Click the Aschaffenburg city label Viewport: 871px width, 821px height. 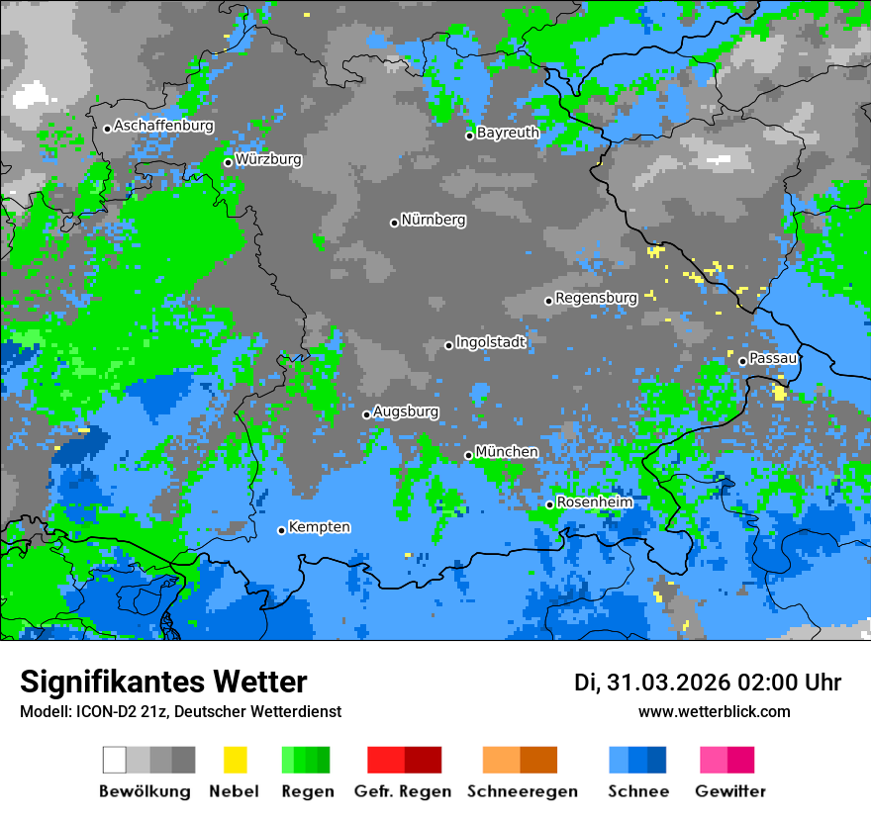pyautogui.click(x=163, y=127)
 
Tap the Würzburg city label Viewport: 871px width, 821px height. pyautogui.click(x=268, y=159)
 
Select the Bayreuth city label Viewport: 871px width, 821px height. pyautogui.click(x=508, y=133)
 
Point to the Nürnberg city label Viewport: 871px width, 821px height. pyautogui.click(x=433, y=220)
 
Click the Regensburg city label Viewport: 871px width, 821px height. pyautogui.click(x=596, y=298)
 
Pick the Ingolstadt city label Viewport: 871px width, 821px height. pyautogui.click(x=490, y=342)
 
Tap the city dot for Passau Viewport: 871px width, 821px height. pyautogui.click(x=742, y=361)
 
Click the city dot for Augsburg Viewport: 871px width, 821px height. pyautogui.click(x=366, y=414)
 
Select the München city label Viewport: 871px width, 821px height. pyautogui.click(x=507, y=452)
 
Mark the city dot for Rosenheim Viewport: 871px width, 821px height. pyautogui.click(x=549, y=504)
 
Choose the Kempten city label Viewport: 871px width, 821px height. pyautogui.click(x=319, y=527)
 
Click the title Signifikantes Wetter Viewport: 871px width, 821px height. pyautogui.click(x=163, y=682)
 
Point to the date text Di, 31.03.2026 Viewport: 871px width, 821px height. pyautogui.click(x=651, y=683)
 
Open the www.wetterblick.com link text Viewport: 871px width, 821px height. pyautogui.click(x=714, y=711)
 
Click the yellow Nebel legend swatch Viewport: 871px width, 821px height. pyautogui.click(x=235, y=760)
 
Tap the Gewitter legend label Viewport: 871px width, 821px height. pyautogui.click(x=730, y=791)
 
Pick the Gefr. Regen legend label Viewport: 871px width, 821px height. pyautogui.click(x=403, y=791)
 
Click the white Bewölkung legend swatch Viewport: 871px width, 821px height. pyautogui.click(x=115, y=760)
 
